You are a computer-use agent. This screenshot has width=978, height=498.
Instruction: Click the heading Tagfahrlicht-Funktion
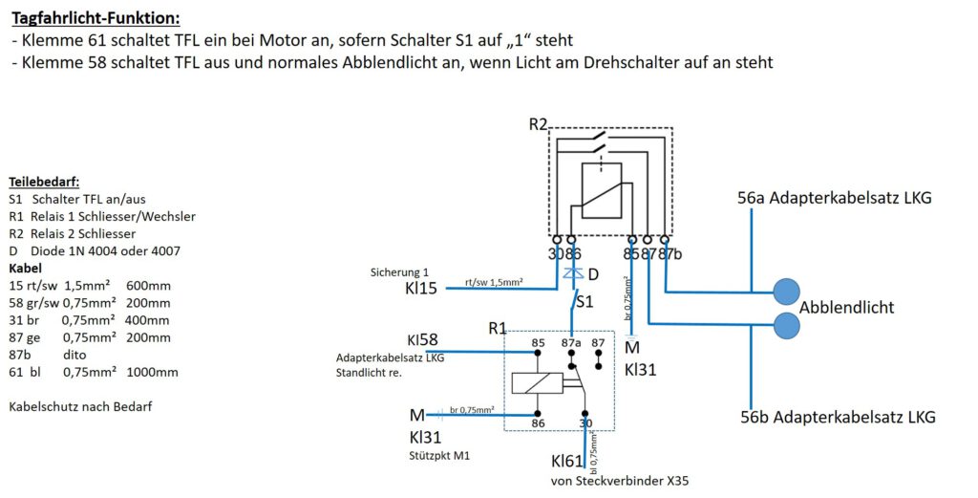point(96,18)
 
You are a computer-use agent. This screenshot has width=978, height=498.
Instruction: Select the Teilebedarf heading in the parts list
point(44,183)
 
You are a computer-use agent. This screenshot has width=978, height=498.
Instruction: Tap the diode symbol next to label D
point(573,273)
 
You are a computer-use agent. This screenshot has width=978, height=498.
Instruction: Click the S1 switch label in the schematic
point(585,302)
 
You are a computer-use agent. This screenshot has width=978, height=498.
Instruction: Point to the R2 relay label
point(538,124)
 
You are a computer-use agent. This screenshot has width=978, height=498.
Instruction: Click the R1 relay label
point(497,328)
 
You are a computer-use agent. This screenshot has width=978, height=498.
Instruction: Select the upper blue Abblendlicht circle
point(786,292)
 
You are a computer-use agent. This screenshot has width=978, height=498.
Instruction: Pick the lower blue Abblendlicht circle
point(786,325)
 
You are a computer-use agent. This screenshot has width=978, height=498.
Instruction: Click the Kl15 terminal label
point(421,289)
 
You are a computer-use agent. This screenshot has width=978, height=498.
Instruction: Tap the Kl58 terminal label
point(422,340)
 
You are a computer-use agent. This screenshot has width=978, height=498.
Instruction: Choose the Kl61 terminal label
point(566,461)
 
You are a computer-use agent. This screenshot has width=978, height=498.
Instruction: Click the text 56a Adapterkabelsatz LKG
point(834,198)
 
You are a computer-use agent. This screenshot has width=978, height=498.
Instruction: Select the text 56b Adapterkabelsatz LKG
point(838,417)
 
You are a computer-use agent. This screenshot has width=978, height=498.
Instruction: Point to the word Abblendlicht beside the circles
point(846,308)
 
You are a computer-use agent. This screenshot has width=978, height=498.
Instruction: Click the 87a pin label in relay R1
point(571,342)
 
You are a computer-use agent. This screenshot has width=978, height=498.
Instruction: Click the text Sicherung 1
point(399,272)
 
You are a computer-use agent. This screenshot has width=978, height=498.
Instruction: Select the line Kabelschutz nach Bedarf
point(80,407)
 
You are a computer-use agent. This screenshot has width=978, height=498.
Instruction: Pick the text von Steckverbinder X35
point(619,481)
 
